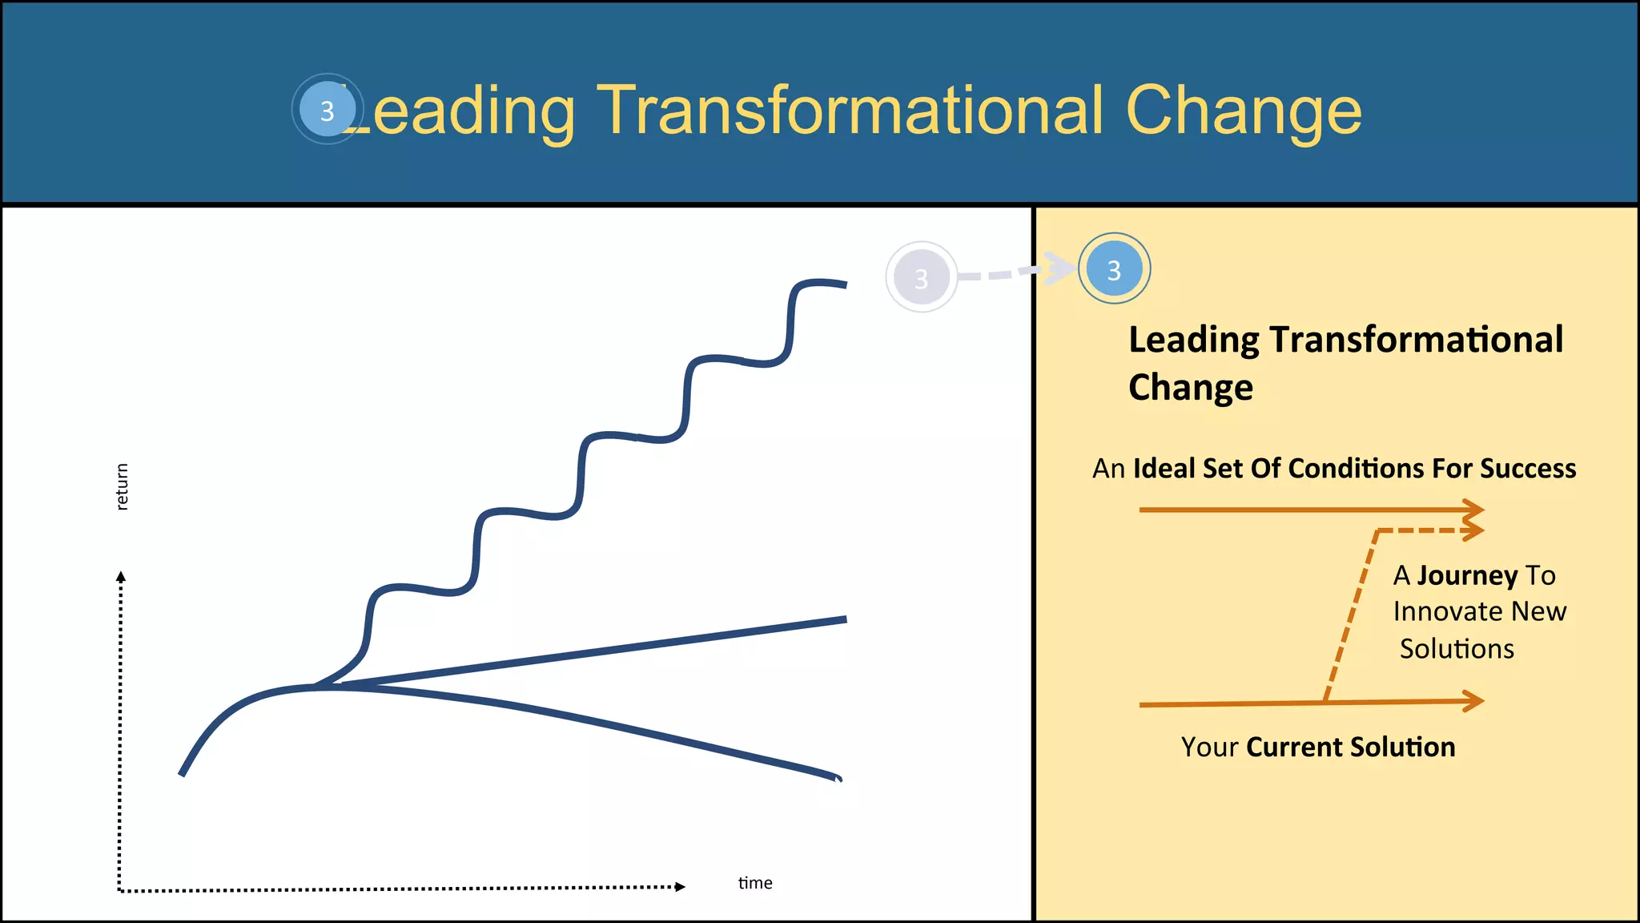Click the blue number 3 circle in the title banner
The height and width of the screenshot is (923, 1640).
327,110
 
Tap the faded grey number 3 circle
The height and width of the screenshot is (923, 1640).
921,277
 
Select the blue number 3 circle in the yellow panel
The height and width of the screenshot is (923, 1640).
1114,269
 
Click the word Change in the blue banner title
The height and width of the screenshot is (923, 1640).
1243,111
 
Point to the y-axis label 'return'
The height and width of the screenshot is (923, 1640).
122,486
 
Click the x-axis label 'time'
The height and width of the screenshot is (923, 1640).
755,883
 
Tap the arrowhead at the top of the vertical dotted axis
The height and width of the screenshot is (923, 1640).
121,577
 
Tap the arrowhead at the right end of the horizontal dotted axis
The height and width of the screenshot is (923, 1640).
680,886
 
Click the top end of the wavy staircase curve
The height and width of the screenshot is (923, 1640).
844,284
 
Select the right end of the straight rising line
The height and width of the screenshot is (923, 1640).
844,619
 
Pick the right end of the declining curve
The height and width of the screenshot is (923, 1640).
838,777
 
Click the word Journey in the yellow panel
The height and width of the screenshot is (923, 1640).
1467,575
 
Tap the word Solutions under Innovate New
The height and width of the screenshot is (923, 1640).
1457,648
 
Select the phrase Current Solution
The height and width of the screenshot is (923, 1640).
1350,747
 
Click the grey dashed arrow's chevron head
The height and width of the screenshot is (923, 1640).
1061,268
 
